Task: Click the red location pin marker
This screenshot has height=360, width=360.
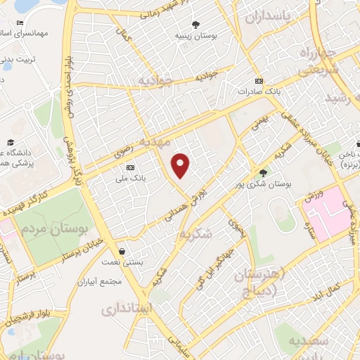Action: (181, 166)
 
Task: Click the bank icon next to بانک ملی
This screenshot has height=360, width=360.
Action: (130, 168)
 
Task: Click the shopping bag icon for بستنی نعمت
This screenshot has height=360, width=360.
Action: (123, 251)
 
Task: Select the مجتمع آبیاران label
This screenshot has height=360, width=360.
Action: (101, 281)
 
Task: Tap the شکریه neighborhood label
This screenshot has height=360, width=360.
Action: (193, 234)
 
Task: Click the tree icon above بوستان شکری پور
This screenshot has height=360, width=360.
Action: (264, 173)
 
